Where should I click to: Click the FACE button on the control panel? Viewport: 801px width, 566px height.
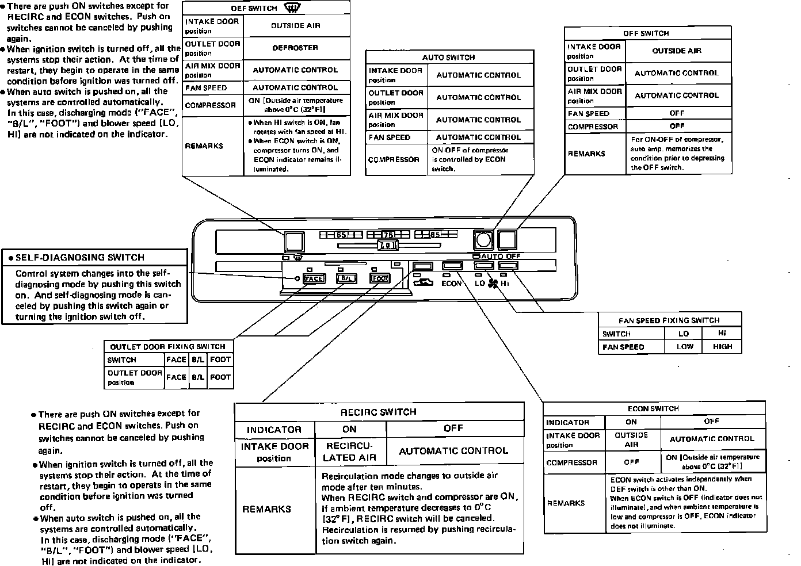point(314,279)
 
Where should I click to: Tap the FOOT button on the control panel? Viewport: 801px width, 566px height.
point(379,279)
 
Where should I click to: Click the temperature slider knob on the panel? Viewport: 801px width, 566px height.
point(388,246)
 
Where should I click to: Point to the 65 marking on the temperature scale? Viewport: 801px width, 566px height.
point(341,235)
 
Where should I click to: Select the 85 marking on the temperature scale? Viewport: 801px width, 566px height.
point(435,235)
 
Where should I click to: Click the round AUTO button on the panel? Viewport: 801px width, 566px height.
point(483,239)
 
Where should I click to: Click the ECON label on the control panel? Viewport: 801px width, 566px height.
point(452,283)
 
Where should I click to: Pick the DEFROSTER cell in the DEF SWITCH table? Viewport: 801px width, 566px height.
point(295,48)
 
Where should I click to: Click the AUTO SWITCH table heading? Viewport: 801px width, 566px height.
point(448,58)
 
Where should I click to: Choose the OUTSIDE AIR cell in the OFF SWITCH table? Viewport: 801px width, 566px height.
point(677,51)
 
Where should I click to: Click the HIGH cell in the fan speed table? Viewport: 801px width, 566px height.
point(722,346)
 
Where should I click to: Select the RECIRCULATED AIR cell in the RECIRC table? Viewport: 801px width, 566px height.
point(349,452)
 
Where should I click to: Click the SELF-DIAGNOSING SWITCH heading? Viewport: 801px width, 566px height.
point(80,258)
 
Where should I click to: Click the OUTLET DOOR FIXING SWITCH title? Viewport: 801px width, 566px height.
point(167,346)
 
